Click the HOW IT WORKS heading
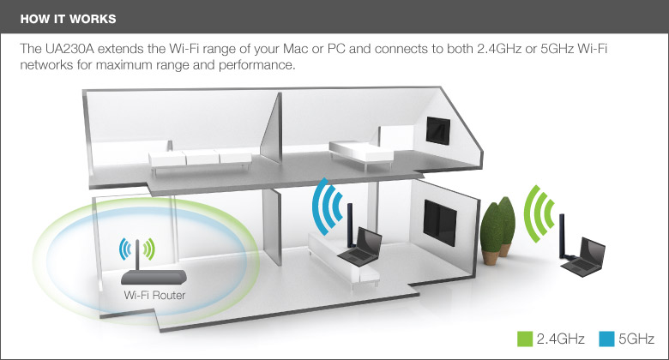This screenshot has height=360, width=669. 69,19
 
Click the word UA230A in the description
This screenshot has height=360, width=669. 69,49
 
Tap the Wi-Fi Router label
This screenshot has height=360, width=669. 154,295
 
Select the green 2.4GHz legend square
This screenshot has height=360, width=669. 525,339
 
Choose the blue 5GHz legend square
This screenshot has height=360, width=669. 606,339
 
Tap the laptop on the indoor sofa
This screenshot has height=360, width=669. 359,247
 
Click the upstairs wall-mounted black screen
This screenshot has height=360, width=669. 438,130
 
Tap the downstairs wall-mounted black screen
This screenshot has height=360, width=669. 440,222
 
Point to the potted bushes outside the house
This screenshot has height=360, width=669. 497,231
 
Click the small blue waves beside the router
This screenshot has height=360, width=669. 124,249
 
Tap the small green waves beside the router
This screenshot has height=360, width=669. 150,249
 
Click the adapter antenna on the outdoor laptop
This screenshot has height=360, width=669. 563,236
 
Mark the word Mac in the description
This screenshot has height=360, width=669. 295,49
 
